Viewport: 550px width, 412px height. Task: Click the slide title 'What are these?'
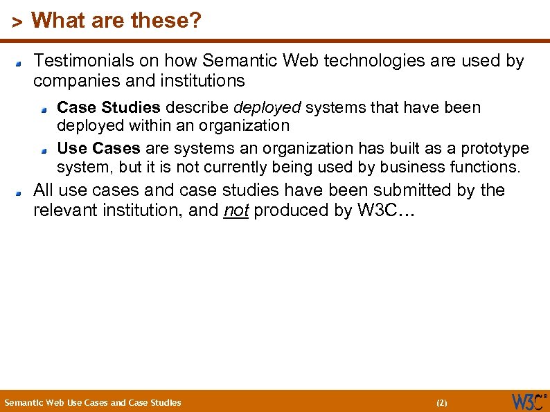pyautogui.click(x=116, y=21)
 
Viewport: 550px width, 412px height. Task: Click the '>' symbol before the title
pyautogui.click(x=18, y=22)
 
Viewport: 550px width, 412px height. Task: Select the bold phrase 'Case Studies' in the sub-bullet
pyautogui.click(x=109, y=108)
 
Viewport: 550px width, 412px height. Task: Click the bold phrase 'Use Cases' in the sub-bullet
pyautogui.click(x=98, y=149)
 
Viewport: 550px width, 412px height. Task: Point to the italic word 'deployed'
pyautogui.click(x=267, y=108)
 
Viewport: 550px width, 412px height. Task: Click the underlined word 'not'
pyautogui.click(x=236, y=211)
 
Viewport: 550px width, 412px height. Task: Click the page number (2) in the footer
pyautogui.click(x=441, y=402)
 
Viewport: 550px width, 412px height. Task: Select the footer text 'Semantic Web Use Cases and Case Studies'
pyautogui.click(x=93, y=402)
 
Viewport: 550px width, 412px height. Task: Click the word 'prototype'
pyautogui.click(x=495, y=149)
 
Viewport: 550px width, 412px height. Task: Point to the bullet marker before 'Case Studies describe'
pyautogui.click(x=44, y=110)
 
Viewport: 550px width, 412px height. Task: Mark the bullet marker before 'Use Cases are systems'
pyautogui.click(x=44, y=151)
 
